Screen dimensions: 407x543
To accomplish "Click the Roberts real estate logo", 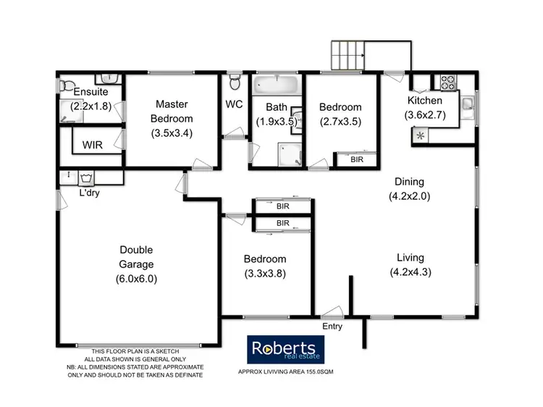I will [x=287, y=350].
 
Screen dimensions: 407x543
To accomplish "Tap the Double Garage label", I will [x=136, y=257].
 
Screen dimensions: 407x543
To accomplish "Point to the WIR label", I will [x=92, y=145].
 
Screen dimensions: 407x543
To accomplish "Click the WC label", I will [x=234, y=104].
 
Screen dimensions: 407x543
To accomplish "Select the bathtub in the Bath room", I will [x=275, y=85].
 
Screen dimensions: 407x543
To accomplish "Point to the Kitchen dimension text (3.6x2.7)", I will [x=424, y=114].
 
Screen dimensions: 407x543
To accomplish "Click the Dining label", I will [x=409, y=182].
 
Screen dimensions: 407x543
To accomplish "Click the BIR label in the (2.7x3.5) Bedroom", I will [x=357, y=159].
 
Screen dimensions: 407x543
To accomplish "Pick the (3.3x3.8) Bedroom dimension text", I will [x=264, y=274].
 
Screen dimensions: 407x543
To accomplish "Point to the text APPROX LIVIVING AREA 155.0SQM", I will [x=286, y=372].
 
